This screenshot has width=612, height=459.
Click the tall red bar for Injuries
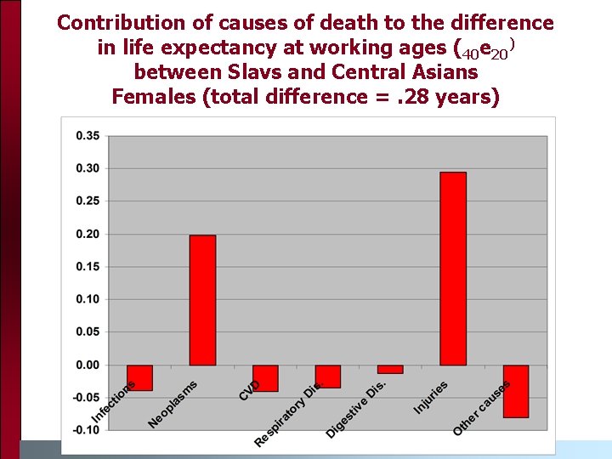(x=453, y=269)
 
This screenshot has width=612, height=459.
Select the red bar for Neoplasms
(x=202, y=300)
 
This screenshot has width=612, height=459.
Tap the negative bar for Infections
(x=139, y=377)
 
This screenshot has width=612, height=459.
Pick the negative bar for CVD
(x=265, y=378)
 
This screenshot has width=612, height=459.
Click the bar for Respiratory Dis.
(x=328, y=377)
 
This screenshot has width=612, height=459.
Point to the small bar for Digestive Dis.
(x=390, y=369)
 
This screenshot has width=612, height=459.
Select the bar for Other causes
(x=515, y=391)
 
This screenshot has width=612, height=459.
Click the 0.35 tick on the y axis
(x=87, y=136)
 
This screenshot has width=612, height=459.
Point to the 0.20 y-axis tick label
(x=87, y=235)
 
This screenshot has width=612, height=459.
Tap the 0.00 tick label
(x=87, y=365)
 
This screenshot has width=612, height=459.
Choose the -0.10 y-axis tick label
(x=85, y=430)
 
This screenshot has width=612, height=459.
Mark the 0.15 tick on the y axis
(x=87, y=267)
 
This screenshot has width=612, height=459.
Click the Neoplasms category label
(x=173, y=405)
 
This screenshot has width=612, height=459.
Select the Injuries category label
(x=431, y=398)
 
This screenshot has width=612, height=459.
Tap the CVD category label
(x=250, y=390)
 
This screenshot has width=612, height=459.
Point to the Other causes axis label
(x=481, y=408)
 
